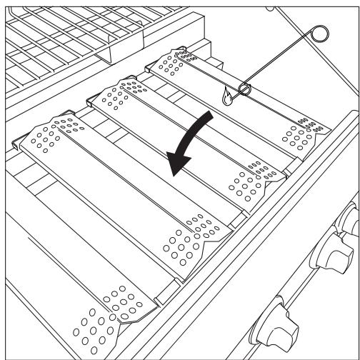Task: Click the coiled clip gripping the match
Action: point(244,89)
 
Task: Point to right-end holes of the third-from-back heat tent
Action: point(189,239)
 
